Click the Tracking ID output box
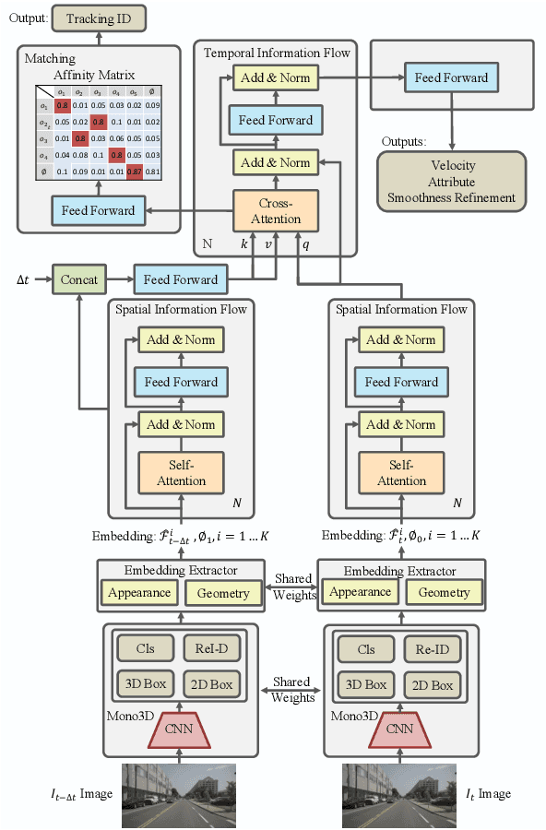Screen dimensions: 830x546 99,19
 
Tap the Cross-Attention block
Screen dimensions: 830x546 276,210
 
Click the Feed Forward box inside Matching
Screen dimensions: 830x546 98,211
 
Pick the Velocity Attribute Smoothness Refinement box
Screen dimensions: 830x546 452,181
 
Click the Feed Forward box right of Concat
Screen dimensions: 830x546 181,279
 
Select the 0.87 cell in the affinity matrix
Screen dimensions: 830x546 135,171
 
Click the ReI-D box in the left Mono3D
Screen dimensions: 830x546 212,648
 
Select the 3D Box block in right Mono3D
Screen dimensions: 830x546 366,685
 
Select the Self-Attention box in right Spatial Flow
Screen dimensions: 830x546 402,472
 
